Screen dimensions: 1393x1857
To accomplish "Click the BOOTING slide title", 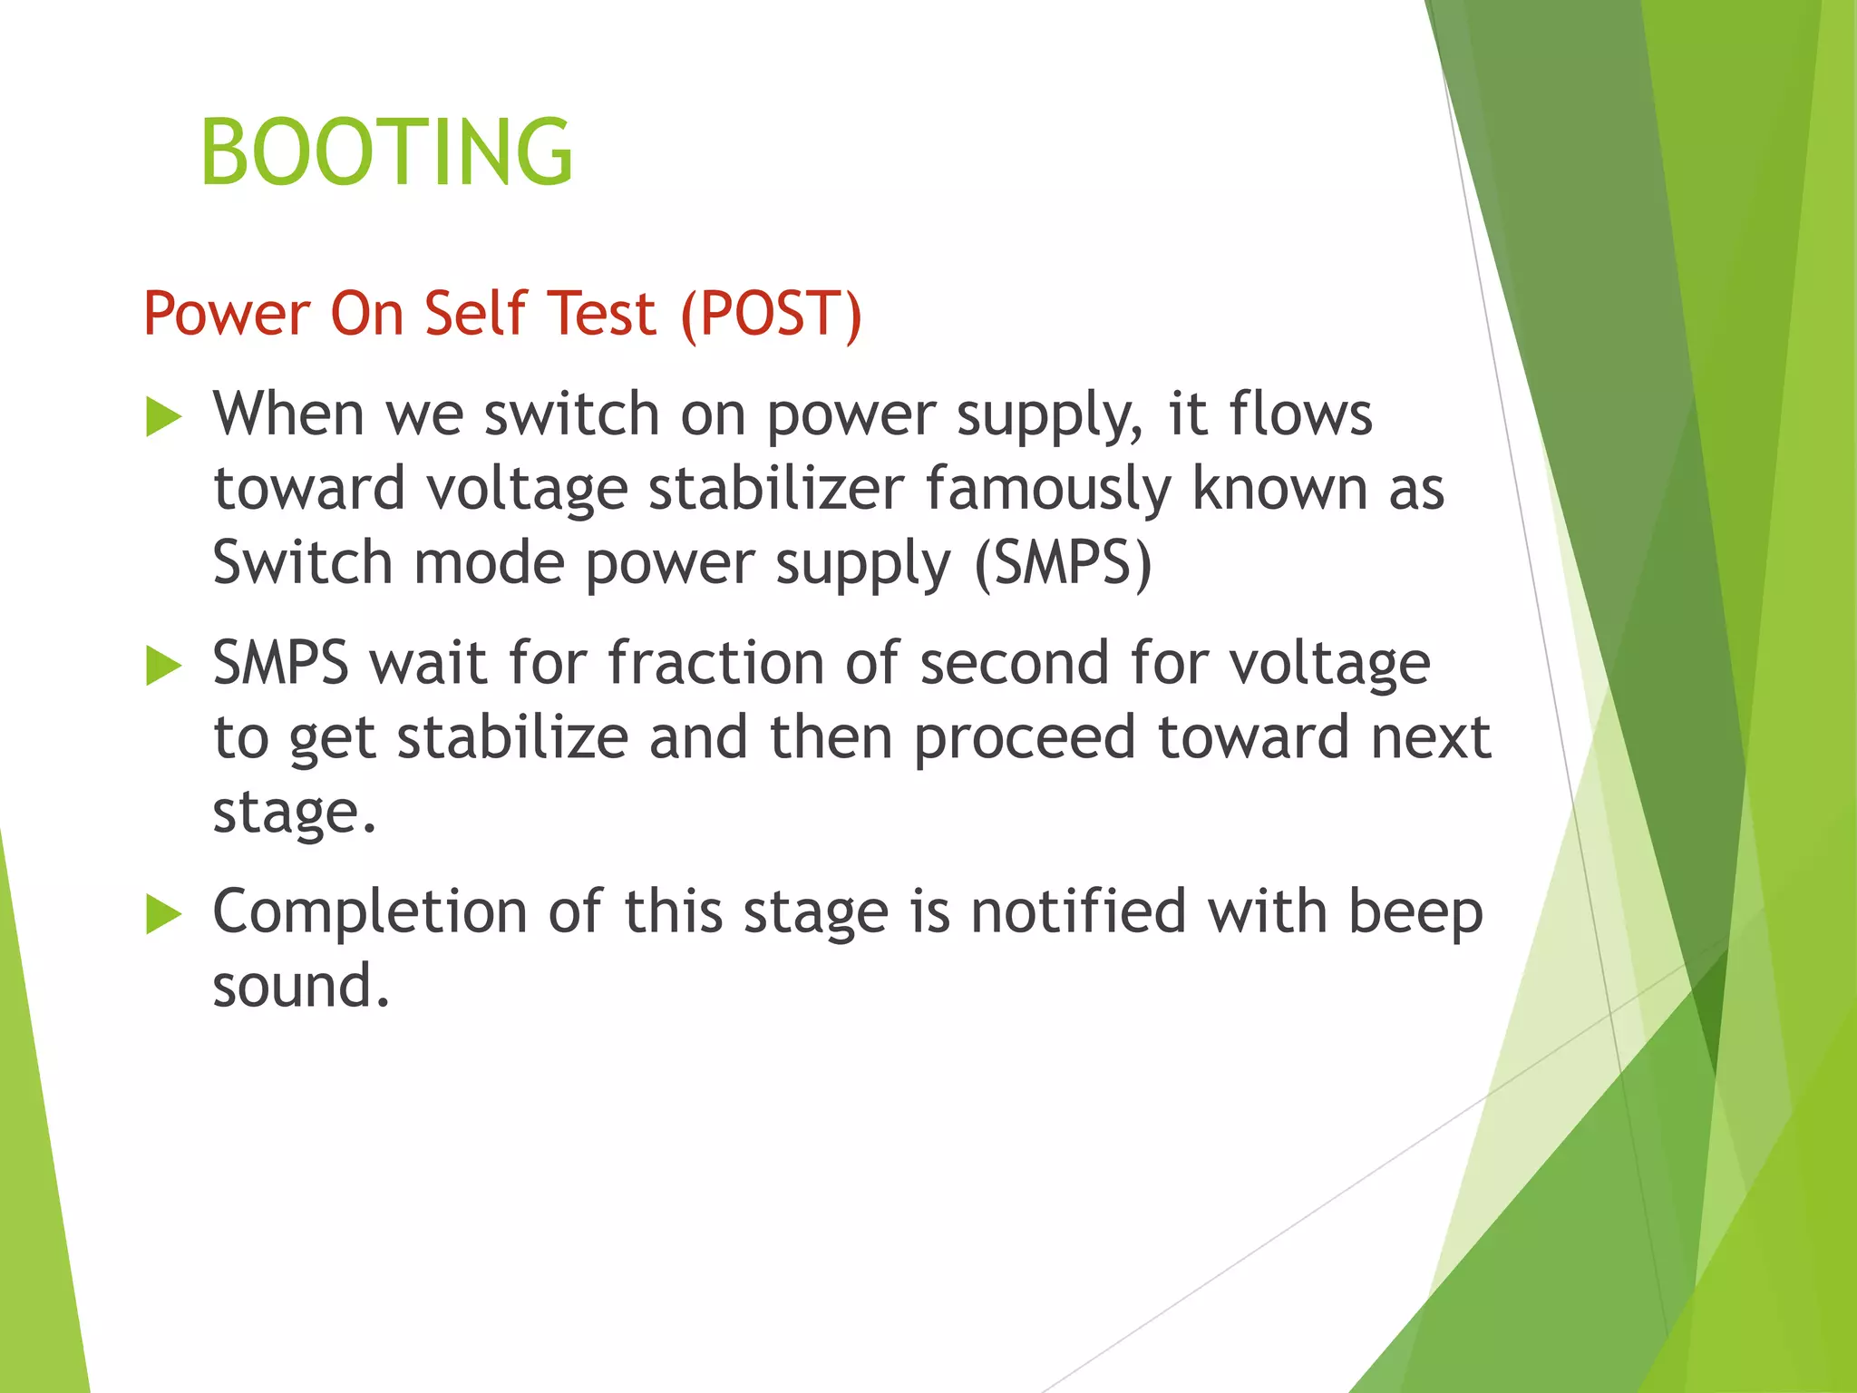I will click(x=386, y=152).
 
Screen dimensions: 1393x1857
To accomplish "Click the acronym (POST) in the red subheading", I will click(x=771, y=314).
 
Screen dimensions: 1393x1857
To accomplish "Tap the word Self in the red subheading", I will click(x=475, y=313).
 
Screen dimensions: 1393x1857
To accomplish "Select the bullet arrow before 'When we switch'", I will click(x=163, y=418).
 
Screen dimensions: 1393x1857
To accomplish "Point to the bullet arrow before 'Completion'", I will click(x=163, y=914).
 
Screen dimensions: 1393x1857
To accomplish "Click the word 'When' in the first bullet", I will click(x=288, y=414).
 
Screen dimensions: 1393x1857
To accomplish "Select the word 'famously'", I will click(x=1047, y=490).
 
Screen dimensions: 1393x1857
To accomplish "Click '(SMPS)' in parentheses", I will click(x=1063, y=563).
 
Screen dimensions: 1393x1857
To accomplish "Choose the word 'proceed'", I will click(x=1025, y=739).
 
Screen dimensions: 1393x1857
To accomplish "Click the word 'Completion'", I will click(x=370, y=912).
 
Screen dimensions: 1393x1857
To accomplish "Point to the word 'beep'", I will click(x=1415, y=912).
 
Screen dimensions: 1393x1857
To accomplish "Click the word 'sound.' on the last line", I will click(x=301, y=986).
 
